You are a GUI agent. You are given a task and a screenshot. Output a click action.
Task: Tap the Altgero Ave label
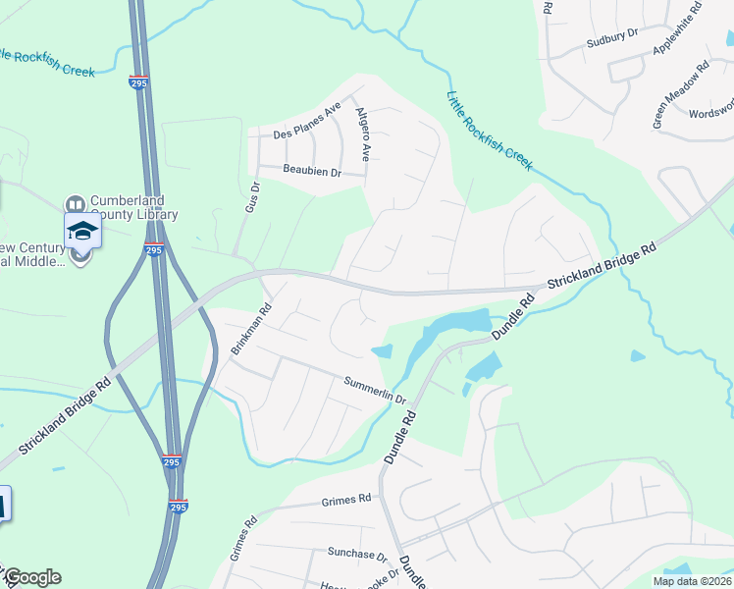[x=363, y=134]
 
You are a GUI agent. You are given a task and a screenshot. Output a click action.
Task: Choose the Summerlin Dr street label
[x=375, y=391]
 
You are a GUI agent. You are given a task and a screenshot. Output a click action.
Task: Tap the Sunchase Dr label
[x=357, y=554]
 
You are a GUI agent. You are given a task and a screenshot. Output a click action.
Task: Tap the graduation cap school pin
[x=82, y=233]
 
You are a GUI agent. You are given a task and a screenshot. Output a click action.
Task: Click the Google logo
[x=31, y=577]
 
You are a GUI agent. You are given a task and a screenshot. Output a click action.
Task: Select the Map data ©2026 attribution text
[x=692, y=581]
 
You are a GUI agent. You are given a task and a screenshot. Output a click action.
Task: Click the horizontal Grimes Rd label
[x=346, y=500]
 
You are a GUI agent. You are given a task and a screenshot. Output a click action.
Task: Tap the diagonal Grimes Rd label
[x=242, y=538]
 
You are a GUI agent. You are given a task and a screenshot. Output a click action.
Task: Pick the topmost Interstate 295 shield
[x=138, y=83]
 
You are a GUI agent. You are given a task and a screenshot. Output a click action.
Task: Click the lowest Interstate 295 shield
[x=178, y=507]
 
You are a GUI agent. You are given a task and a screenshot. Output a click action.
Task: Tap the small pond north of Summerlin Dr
[x=382, y=351]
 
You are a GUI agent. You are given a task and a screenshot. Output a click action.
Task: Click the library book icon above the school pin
[x=76, y=204]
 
